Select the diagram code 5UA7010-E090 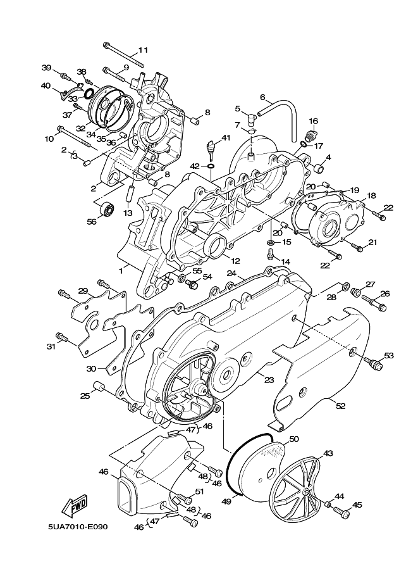click(78, 526)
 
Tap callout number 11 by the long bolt click(143, 50)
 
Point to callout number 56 click(91, 222)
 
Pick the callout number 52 click(341, 406)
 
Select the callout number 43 click(328, 453)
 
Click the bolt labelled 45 click(341, 512)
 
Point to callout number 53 click(389, 356)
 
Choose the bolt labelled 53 click(373, 363)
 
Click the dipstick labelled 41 click(212, 148)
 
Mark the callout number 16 click(314, 122)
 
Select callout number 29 click(83, 291)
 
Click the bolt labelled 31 click(62, 337)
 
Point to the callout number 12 click(236, 261)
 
